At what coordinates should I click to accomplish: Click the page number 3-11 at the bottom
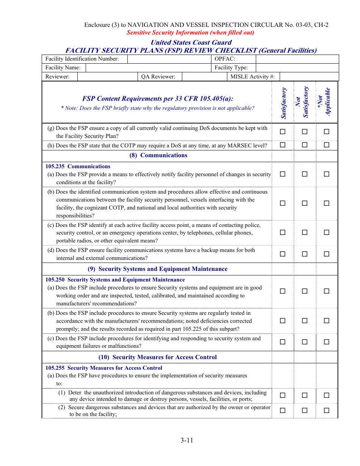(x=187, y=440)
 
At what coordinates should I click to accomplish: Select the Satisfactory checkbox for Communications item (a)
(x=283, y=174)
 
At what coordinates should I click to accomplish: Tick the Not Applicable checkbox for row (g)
(x=326, y=132)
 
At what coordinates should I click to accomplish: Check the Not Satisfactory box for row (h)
(x=305, y=145)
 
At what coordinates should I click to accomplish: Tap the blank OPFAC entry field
(x=297, y=59)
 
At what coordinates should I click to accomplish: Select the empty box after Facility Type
(x=297, y=67)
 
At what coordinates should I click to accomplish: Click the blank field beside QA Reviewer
(x=204, y=77)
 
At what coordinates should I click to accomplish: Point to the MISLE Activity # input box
(x=309, y=77)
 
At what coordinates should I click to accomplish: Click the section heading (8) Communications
(x=158, y=155)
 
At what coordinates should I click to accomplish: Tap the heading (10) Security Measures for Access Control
(x=158, y=357)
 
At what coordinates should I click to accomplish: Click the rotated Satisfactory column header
(x=283, y=103)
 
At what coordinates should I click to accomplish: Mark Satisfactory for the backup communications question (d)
(x=283, y=254)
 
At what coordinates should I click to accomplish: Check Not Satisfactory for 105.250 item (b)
(x=305, y=321)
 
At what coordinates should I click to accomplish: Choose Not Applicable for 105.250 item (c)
(x=326, y=342)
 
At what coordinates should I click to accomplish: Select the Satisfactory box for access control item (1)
(x=283, y=395)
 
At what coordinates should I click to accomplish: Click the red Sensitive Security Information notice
(x=190, y=33)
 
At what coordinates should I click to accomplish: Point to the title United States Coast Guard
(x=191, y=42)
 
